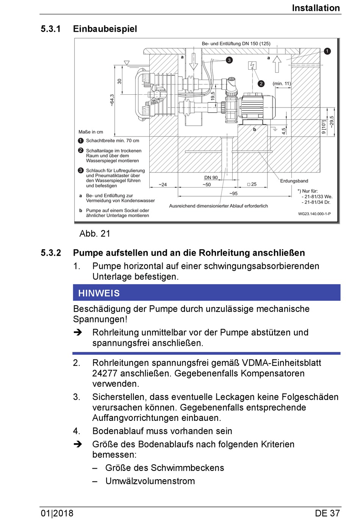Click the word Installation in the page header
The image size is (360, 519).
[316, 8]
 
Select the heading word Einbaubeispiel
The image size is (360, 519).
[105, 29]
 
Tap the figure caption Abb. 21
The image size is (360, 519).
[95, 234]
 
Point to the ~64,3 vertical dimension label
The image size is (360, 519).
[112, 100]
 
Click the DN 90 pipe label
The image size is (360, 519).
[211, 177]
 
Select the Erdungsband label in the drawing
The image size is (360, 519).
[294, 181]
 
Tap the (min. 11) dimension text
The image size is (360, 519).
[282, 83]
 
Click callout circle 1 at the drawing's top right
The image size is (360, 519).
[327, 51]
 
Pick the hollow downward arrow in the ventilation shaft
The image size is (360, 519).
[194, 62]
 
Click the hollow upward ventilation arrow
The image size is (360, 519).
[277, 64]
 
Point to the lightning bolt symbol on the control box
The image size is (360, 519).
[252, 66]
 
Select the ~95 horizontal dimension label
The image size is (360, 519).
[233, 194]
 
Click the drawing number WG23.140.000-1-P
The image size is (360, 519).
[314, 214]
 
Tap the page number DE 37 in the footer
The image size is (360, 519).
[327, 513]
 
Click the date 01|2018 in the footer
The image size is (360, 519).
[57, 513]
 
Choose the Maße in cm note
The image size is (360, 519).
[91, 132]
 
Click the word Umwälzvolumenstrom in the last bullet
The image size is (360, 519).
[150, 481]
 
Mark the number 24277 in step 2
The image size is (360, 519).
[105, 374]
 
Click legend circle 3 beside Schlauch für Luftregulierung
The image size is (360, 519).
[81, 170]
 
